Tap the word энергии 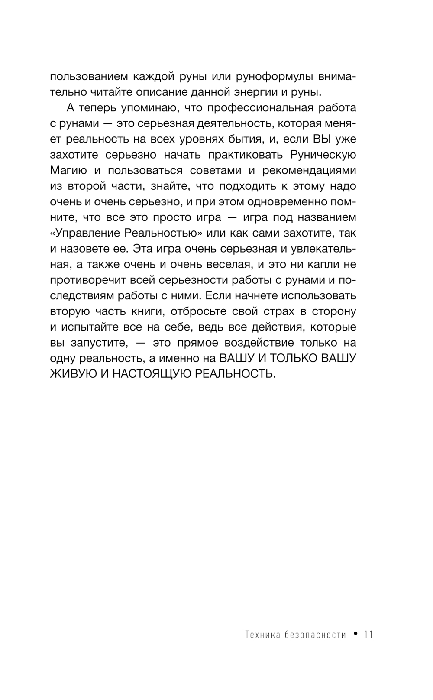[253, 92]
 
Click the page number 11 [368, 635]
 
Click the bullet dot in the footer [355, 634]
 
